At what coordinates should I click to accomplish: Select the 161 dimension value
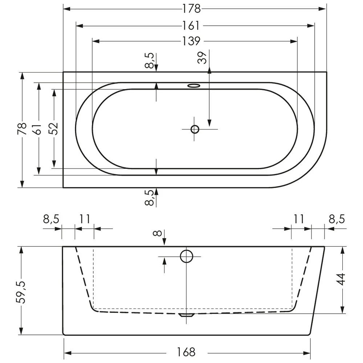[x=191, y=25]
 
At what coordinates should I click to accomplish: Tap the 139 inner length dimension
[x=191, y=41]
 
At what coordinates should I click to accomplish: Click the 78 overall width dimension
[x=23, y=129]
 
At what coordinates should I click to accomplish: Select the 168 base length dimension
[x=187, y=352]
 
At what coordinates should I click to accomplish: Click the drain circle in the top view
[x=195, y=129]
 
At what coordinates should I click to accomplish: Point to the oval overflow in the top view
[x=194, y=86]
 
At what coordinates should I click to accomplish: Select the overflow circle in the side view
[x=186, y=256]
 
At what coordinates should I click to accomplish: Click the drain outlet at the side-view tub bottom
[x=186, y=315]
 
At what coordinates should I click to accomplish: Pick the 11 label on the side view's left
[x=84, y=219]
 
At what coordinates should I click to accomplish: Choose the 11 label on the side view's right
[x=298, y=219]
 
